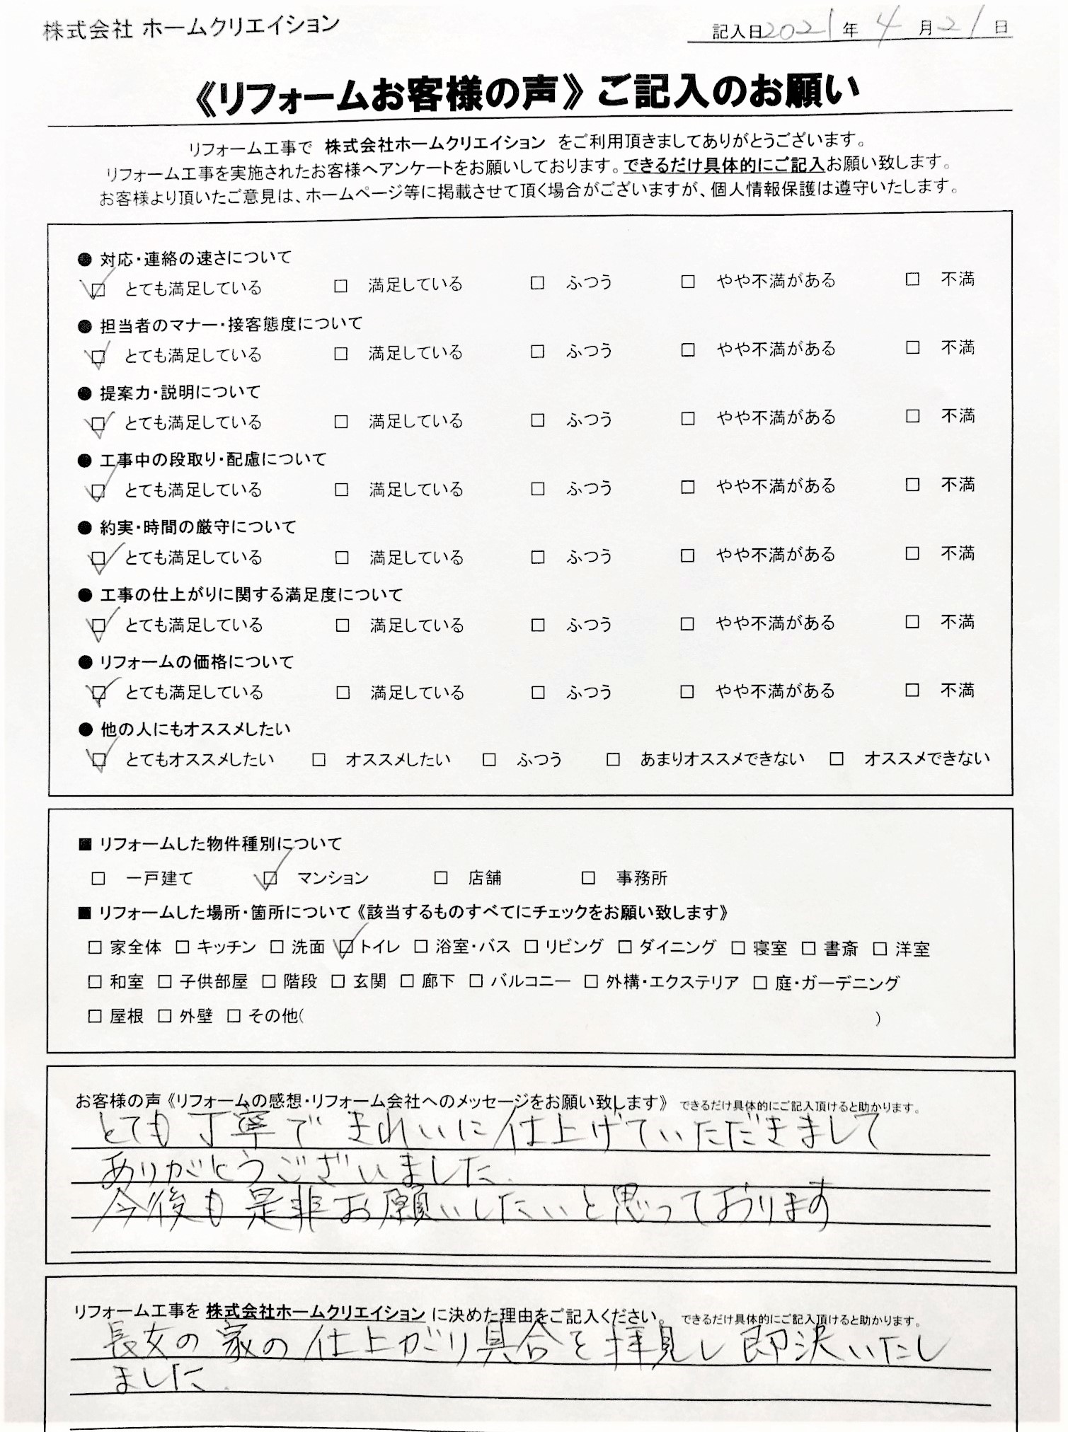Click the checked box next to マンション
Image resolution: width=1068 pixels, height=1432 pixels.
click(270, 878)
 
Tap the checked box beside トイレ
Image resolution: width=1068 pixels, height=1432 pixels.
click(346, 947)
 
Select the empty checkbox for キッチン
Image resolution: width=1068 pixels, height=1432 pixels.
click(183, 947)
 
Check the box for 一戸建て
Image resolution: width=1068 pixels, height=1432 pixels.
click(98, 878)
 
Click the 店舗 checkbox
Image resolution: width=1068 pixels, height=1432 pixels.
click(441, 878)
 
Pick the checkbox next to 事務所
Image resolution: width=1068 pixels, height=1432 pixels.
click(588, 878)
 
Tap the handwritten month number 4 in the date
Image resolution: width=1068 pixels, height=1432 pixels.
click(888, 28)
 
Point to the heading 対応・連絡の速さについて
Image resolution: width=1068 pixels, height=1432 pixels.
click(195, 258)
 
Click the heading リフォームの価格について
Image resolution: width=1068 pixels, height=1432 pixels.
click(196, 662)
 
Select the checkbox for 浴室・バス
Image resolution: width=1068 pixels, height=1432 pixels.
click(421, 947)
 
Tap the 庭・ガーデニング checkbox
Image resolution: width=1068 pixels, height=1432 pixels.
click(760, 982)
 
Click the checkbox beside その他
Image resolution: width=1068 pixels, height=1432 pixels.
click(234, 1016)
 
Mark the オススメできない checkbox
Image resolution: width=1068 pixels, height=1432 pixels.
click(837, 759)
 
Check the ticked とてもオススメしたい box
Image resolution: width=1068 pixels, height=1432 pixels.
click(99, 760)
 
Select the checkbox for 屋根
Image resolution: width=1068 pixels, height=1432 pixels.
click(95, 1016)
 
